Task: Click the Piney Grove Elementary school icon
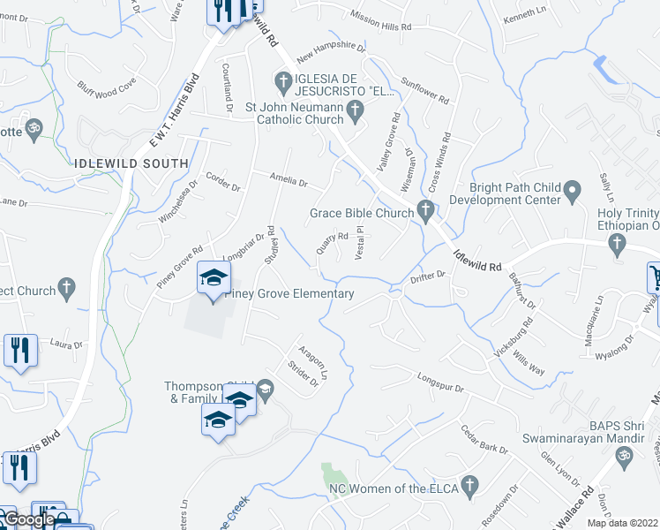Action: (x=213, y=279)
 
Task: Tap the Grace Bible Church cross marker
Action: (x=425, y=210)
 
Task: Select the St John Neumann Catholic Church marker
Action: (x=355, y=110)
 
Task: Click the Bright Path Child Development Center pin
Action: (x=572, y=189)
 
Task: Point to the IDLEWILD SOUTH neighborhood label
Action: (x=131, y=163)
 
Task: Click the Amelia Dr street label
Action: (x=289, y=183)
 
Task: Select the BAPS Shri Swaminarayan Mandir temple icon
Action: (x=624, y=457)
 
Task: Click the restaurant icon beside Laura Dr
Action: (x=20, y=349)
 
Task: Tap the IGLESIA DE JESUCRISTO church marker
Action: (x=283, y=85)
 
